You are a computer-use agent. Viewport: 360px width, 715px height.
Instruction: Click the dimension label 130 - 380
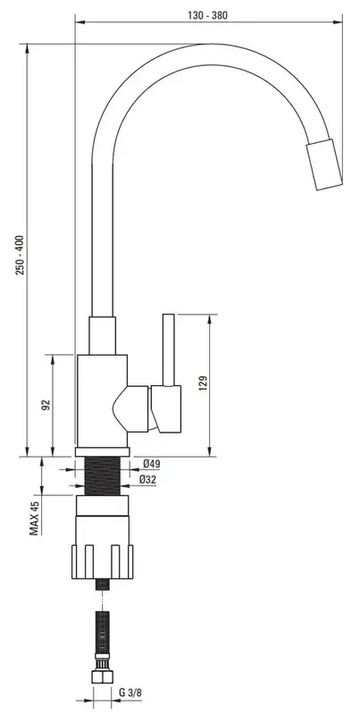tap(208, 15)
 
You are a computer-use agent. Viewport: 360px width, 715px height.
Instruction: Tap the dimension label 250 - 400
tap(21, 255)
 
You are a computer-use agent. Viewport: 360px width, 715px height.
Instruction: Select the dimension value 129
tap(204, 383)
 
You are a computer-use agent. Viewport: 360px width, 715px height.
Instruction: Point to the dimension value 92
tap(46, 405)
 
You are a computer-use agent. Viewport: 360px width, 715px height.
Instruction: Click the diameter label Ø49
tap(151, 464)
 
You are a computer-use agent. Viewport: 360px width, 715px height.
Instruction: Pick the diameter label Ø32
tap(147, 479)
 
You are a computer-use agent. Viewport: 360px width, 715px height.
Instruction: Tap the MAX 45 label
tap(35, 517)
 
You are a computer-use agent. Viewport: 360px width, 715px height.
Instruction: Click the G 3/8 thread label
tap(130, 693)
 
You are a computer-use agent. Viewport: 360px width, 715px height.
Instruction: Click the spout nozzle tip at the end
tap(324, 164)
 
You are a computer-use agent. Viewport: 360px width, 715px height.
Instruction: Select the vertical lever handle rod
tap(169, 349)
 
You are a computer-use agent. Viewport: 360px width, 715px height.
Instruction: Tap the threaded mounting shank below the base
tap(103, 476)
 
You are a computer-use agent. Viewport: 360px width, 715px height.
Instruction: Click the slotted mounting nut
tap(103, 562)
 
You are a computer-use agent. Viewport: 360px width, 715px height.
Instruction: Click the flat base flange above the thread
tap(103, 452)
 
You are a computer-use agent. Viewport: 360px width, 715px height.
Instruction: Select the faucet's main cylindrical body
tap(102, 400)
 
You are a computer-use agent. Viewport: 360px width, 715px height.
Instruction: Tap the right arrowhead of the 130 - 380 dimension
tap(338, 21)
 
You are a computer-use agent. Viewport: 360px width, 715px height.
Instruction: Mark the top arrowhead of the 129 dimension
tap(210, 319)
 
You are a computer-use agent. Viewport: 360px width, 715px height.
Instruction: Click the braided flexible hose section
tap(102, 632)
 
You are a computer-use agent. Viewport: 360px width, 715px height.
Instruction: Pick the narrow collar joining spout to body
tap(102, 335)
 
